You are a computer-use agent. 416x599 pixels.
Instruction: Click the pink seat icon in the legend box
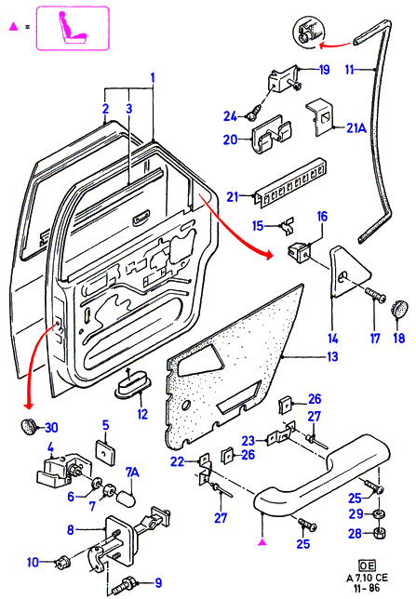click(72, 28)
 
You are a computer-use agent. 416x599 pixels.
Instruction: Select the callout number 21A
click(356, 128)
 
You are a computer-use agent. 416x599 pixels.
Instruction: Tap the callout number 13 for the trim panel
click(332, 356)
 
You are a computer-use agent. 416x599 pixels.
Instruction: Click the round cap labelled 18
click(398, 307)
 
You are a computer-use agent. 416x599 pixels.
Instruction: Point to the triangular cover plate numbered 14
click(348, 272)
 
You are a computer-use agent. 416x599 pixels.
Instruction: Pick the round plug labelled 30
click(27, 426)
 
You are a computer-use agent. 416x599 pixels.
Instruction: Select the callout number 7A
click(132, 473)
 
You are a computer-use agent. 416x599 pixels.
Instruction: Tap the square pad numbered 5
click(106, 453)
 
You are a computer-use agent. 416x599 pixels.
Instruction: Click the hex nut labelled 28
click(379, 532)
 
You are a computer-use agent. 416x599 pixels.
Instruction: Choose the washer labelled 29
click(380, 513)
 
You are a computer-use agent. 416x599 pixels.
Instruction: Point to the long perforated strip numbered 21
click(291, 182)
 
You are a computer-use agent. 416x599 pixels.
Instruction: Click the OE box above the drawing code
click(367, 566)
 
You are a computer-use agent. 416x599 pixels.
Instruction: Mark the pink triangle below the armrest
click(262, 541)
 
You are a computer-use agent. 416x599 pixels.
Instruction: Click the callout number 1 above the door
click(153, 78)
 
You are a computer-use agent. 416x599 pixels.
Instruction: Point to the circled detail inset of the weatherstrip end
click(308, 32)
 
